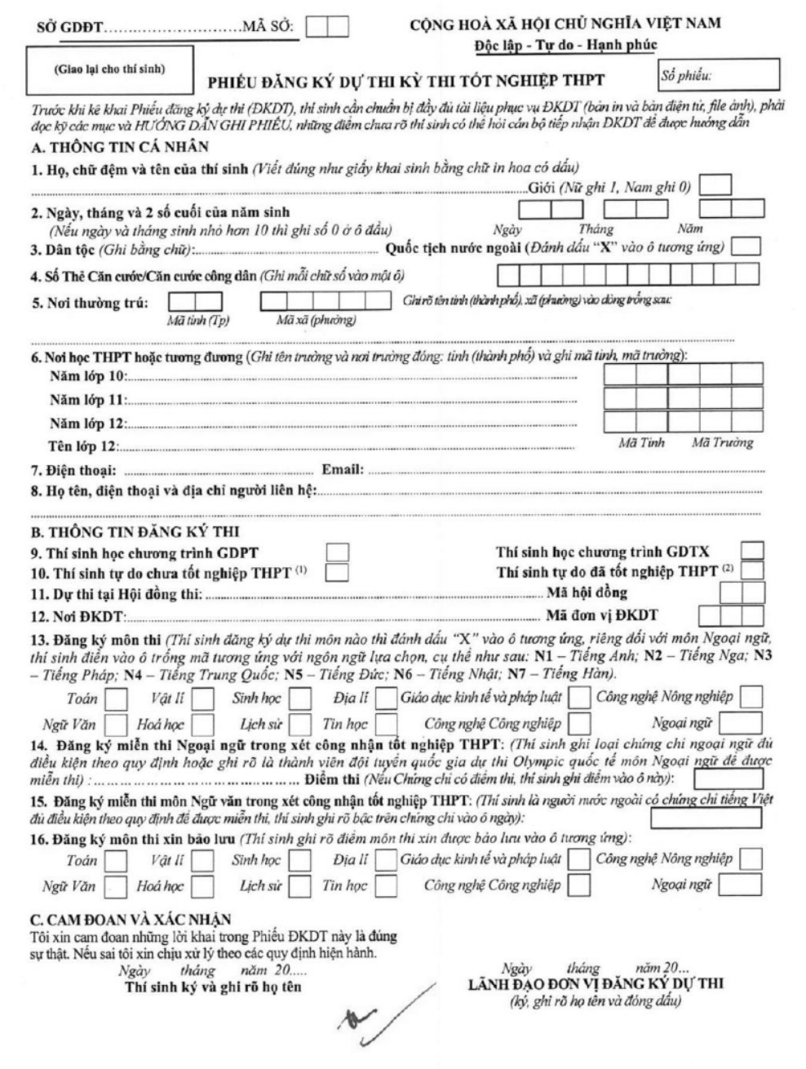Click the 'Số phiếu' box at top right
718,76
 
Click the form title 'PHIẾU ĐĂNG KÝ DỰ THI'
406,81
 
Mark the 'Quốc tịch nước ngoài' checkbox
746,246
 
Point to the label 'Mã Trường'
722,443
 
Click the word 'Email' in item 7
341,470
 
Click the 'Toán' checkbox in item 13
117,699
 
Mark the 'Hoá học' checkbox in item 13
202,724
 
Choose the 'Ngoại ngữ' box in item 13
740,723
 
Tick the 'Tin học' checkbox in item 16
386,885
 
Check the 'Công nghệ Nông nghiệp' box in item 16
750,859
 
